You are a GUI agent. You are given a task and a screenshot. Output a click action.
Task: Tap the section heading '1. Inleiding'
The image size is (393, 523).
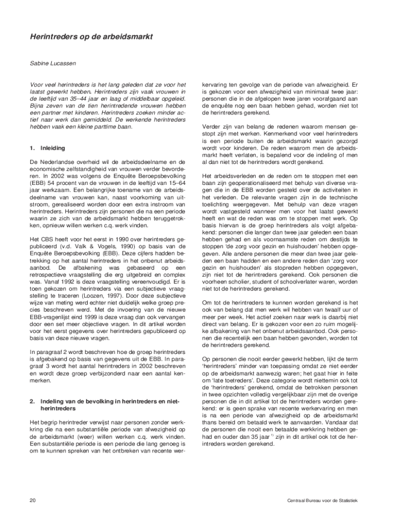(47, 148)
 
